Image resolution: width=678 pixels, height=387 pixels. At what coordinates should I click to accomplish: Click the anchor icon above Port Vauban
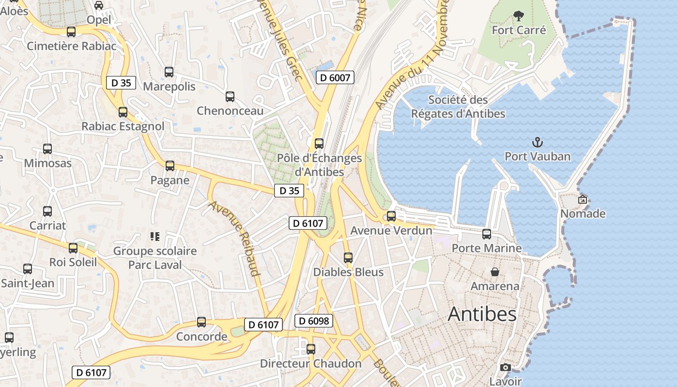click(538, 142)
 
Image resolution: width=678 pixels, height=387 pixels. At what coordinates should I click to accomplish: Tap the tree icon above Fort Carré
click(519, 16)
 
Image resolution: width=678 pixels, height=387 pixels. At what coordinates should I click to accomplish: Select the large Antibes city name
click(482, 314)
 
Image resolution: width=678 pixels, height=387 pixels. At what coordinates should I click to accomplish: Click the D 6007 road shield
click(336, 77)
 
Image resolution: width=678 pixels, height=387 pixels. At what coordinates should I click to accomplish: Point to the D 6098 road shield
click(314, 321)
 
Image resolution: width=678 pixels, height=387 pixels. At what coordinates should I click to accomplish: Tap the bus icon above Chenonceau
click(230, 97)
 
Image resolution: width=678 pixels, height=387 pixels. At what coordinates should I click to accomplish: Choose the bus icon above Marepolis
click(169, 72)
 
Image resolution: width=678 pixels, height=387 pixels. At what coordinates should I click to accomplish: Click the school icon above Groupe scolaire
click(155, 237)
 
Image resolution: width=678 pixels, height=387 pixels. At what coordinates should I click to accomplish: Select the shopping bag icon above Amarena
click(495, 272)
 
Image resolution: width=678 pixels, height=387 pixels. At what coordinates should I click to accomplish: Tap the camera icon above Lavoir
click(506, 368)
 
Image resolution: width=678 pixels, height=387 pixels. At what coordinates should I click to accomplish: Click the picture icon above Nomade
click(583, 199)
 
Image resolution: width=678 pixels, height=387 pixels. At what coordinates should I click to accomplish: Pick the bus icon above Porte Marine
click(487, 234)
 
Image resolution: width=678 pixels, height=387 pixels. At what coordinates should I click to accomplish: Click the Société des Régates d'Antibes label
click(458, 107)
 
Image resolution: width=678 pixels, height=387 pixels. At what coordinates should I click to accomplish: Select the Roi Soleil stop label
click(73, 262)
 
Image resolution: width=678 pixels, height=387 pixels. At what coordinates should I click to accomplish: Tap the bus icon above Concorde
click(201, 322)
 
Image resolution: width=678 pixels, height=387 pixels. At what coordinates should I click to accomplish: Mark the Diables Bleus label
click(348, 272)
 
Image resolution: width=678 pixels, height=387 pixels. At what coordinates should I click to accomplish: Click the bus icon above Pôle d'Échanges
click(319, 144)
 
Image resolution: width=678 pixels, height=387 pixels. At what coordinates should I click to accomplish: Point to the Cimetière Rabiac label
click(72, 46)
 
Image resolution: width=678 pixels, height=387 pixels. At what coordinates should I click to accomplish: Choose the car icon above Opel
click(99, 5)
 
